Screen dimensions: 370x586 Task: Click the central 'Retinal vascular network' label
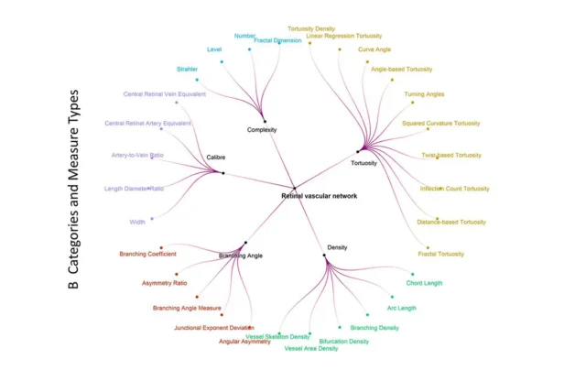pos(318,196)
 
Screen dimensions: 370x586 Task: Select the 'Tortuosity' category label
pos(364,165)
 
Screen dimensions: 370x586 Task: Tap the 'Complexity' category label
pos(262,130)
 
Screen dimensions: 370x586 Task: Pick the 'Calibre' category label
pos(216,158)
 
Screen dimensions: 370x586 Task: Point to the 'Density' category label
pos(337,247)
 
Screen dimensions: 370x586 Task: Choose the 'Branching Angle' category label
pos(241,256)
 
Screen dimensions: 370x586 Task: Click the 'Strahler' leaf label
pos(187,69)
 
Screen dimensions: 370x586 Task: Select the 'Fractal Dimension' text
pos(277,40)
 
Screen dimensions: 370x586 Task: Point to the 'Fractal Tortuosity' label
pos(440,254)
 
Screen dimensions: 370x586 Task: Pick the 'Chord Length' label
pos(425,283)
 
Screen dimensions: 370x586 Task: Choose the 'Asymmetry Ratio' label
pos(165,284)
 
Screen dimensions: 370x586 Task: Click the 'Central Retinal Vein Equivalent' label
pos(165,93)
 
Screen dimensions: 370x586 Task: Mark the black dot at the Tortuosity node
pos(356,151)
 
